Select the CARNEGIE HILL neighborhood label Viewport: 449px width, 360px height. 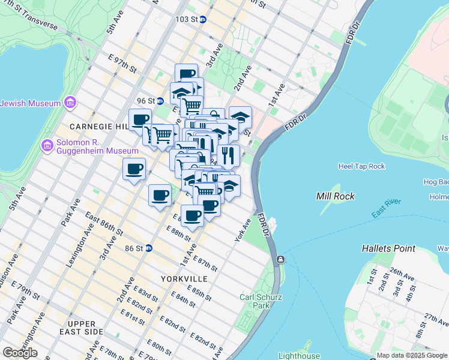click(98, 127)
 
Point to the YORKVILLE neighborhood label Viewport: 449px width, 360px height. click(184, 279)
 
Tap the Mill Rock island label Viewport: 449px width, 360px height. click(335, 196)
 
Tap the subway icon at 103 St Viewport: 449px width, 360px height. click(203, 19)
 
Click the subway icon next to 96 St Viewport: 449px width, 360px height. click(160, 101)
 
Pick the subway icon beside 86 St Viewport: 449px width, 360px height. click(148, 248)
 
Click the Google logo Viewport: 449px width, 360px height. click(20, 353)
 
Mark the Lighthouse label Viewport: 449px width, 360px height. click(300, 356)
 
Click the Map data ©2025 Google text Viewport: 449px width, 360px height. click(411, 355)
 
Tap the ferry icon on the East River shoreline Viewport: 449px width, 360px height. click(280, 260)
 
